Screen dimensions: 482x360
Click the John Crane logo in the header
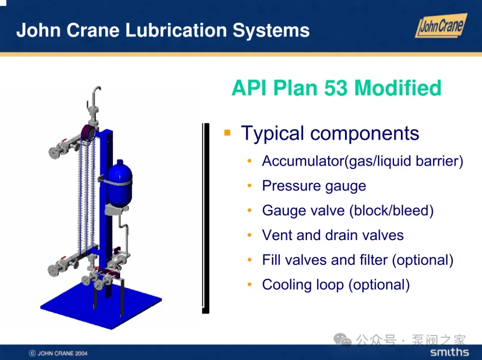pos(441,25)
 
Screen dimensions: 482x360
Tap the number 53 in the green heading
pos(336,88)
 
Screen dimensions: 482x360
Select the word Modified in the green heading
pos(398,88)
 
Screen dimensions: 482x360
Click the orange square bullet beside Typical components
pos(228,132)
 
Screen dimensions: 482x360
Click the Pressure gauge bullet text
pos(314,186)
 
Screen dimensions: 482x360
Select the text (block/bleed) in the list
pos(391,211)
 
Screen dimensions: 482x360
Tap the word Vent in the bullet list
pos(277,235)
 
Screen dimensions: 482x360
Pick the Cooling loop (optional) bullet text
pos(336,285)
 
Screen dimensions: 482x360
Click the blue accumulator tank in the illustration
pos(120,183)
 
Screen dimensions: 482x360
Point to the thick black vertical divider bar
pos(206,218)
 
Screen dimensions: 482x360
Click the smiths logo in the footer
pos(449,352)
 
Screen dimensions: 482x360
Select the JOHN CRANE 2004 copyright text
pos(58,353)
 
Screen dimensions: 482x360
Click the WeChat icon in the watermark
pos(342,340)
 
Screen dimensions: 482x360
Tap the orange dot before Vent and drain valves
pos(249,235)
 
